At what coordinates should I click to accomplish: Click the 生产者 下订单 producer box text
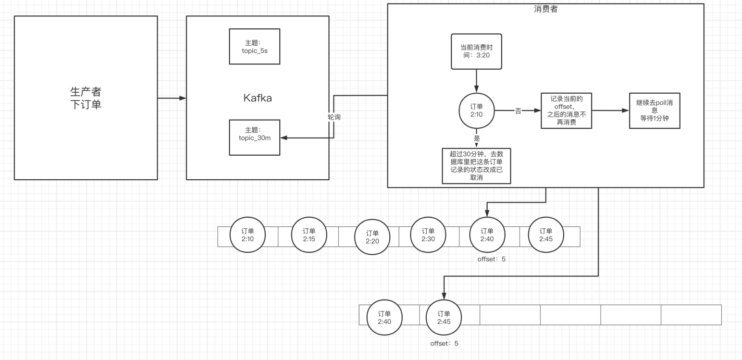(x=86, y=98)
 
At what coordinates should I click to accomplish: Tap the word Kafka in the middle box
(x=257, y=98)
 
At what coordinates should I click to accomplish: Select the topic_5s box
(x=254, y=46)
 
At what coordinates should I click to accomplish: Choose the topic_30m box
(x=254, y=137)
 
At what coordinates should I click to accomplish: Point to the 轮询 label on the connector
(x=334, y=117)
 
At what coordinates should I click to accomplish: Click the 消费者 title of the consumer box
(x=545, y=9)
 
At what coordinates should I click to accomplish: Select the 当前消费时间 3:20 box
(x=476, y=51)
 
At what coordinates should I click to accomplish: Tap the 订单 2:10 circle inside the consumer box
(x=476, y=110)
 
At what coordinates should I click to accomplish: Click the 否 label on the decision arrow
(x=518, y=111)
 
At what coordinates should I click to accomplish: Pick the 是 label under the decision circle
(x=477, y=138)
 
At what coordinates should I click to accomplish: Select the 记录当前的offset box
(x=566, y=111)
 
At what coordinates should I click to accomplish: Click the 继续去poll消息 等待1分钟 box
(x=654, y=111)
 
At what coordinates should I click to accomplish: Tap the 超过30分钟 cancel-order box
(x=476, y=166)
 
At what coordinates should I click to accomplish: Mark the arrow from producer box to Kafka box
(x=172, y=98)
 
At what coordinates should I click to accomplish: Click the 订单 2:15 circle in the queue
(x=309, y=235)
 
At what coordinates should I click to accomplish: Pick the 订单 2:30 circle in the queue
(x=428, y=235)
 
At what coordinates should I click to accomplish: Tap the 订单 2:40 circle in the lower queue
(x=384, y=318)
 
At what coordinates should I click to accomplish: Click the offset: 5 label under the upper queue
(x=491, y=259)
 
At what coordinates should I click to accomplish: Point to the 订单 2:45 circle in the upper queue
(x=545, y=235)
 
